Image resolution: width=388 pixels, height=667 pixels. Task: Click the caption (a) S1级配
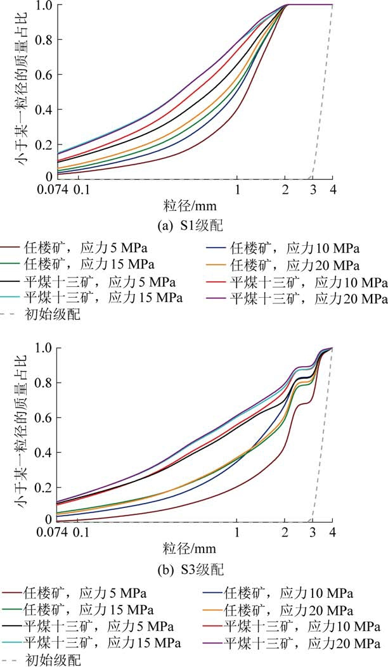click(x=193, y=224)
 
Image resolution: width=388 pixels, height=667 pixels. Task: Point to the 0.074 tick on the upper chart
click(x=56, y=189)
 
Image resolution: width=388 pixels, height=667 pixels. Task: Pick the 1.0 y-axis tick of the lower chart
click(x=42, y=348)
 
